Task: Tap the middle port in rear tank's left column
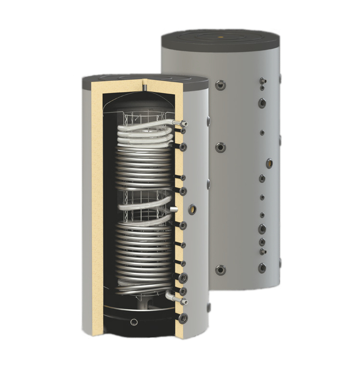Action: [x=222, y=147]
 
